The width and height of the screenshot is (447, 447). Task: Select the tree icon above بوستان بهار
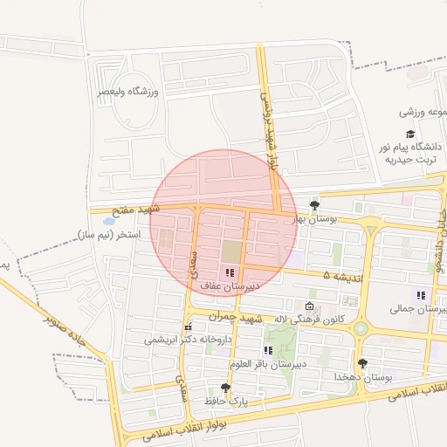315,206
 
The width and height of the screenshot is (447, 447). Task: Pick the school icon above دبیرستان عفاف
230,273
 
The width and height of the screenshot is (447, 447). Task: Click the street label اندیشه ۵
340,275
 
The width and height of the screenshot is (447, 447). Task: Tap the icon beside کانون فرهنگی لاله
309,306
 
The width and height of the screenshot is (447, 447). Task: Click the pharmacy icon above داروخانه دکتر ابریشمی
188,327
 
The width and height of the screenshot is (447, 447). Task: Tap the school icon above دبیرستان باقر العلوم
267,350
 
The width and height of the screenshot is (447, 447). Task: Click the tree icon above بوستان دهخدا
362,363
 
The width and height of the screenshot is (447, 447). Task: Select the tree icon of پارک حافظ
226,389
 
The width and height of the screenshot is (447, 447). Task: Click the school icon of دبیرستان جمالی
421,295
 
